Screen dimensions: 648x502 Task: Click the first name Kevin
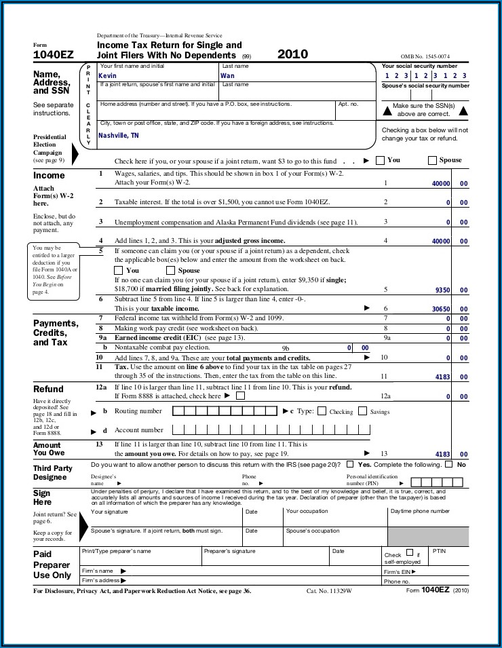(x=108, y=76)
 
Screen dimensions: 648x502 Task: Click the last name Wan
(x=227, y=76)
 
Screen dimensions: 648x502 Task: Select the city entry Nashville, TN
(x=119, y=136)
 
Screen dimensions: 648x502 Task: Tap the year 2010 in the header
(x=292, y=54)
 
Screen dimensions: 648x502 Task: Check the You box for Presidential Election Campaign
(x=380, y=160)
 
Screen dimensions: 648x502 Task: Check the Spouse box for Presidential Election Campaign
(x=432, y=160)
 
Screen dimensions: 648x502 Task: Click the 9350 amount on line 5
(x=442, y=290)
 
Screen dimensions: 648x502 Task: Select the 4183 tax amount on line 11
(x=442, y=377)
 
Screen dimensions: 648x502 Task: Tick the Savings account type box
(x=362, y=411)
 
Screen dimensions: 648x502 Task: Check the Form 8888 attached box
(x=240, y=396)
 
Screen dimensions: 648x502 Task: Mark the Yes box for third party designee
(x=350, y=465)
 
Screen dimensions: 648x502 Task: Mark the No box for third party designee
(x=448, y=465)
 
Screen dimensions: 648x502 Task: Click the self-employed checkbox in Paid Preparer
(x=409, y=553)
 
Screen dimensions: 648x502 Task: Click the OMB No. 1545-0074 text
(x=425, y=57)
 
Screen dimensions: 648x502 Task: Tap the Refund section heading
(x=48, y=389)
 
